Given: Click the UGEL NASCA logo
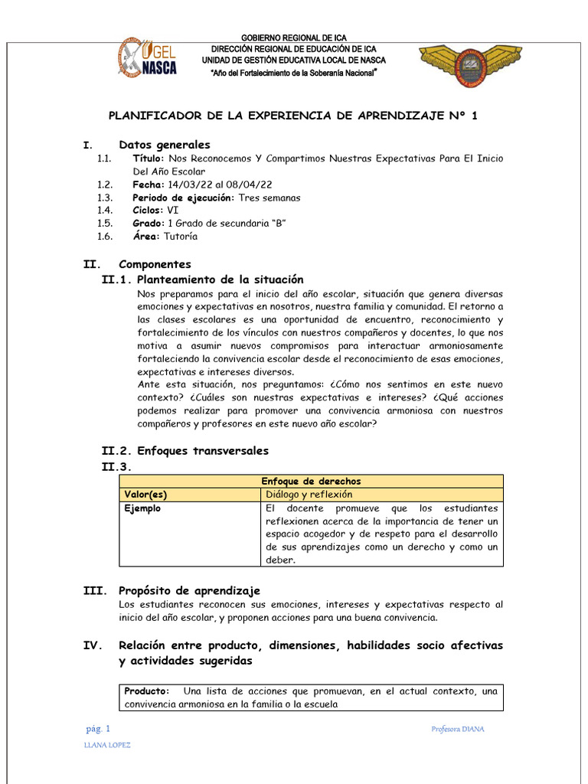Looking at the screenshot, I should (147, 58).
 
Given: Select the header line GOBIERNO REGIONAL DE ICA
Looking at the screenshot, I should (293, 38).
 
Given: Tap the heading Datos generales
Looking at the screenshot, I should (164, 145).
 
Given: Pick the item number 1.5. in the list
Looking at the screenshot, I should (105, 224).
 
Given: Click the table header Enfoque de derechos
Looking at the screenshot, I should (311, 481).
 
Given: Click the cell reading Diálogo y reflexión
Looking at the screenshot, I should (305, 495).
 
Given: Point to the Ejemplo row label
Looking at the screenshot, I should (142, 508).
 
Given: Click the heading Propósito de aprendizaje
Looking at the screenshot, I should (189, 590).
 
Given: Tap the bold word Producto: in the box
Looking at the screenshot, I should (146, 691).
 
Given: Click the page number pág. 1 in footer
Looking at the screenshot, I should (98, 728).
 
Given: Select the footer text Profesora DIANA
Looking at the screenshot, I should (458, 729).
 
